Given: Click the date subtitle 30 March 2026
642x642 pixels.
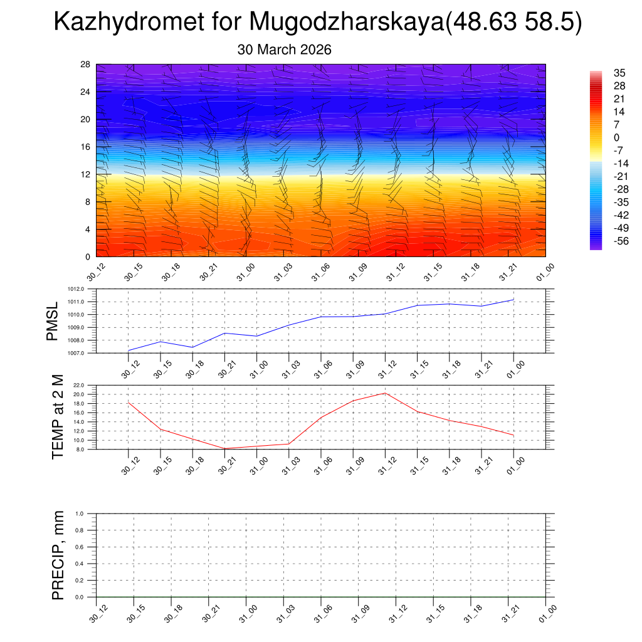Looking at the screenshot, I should pos(284,50).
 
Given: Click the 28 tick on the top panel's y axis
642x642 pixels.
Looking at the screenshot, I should pos(86,65).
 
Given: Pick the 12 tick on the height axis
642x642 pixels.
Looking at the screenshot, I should pos(86,174).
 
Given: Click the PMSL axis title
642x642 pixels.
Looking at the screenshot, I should pos(52,321).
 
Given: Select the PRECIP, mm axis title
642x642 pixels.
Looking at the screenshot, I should pos(58,555).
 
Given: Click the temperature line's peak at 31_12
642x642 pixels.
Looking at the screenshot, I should pos(385,393).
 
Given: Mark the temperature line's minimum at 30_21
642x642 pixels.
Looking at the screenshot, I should pos(224,448).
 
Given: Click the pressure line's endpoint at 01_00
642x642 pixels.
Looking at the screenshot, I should pos(513,299).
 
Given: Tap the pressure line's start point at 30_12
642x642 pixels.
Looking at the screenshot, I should pos(128,350).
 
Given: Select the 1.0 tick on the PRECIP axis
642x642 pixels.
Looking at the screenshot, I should pos(88,513).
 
